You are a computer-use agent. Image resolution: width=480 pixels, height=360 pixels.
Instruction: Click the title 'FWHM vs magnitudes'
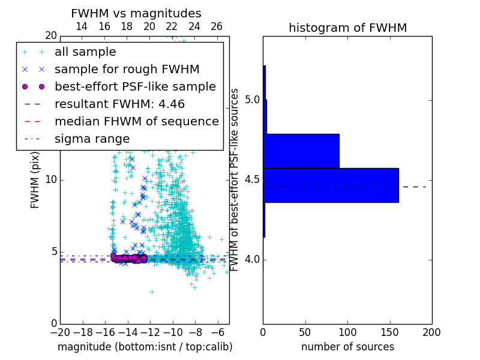pos(136,13)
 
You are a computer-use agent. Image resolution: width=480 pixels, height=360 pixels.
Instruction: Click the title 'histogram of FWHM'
pos(347,28)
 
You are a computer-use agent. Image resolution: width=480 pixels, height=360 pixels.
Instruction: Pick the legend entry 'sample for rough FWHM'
pos(127,70)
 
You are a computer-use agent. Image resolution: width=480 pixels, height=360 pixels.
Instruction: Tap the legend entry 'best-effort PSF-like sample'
pos(135,87)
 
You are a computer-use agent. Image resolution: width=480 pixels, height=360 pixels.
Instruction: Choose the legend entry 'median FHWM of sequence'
pos(136,122)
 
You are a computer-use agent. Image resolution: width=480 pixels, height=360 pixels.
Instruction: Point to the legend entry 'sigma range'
pos(92,139)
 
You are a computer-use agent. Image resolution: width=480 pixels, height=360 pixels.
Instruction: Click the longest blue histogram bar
pos(331,185)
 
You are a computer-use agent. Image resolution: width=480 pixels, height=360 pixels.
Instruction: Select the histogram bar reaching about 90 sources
pos(301,151)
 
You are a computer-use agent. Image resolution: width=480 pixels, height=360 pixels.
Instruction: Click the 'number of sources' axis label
pos(347,347)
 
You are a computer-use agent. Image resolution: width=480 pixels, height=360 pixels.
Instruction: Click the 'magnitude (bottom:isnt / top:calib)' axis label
pos(145,347)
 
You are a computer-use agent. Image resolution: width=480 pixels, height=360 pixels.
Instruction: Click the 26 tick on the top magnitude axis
pos(217,26)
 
